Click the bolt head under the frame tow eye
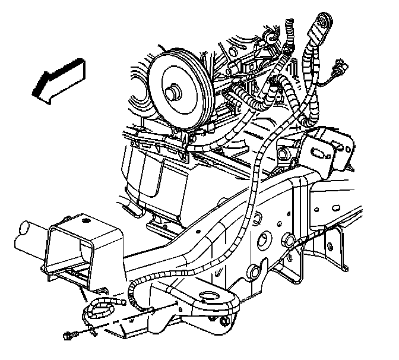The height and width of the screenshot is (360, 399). (x=224, y=323)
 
